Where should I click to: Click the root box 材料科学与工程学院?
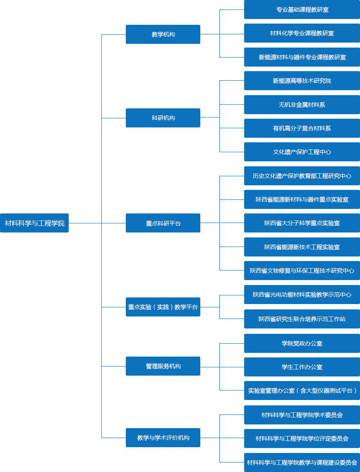[34, 223]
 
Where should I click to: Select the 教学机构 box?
[163, 34]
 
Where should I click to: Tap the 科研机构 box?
[163, 118]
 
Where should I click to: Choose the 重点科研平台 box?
[163, 223]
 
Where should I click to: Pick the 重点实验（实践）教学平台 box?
[163, 307]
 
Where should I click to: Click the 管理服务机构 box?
[163, 366]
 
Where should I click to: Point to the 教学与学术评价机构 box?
[163, 438]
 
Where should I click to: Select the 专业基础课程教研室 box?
[302, 10]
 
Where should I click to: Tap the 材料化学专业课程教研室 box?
[302, 33]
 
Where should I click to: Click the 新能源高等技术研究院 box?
[302, 81]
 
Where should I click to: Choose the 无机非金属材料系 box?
[302, 105]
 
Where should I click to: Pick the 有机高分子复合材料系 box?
[302, 128]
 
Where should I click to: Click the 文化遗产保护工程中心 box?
[302, 152]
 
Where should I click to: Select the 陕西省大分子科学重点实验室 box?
[302, 223]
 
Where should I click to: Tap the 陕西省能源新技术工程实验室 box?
[302, 247]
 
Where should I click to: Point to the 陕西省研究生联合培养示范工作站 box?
[302, 319]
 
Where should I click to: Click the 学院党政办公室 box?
[302, 343]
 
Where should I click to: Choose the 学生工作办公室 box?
[302, 367]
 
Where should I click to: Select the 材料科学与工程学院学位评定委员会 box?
[302, 438]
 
